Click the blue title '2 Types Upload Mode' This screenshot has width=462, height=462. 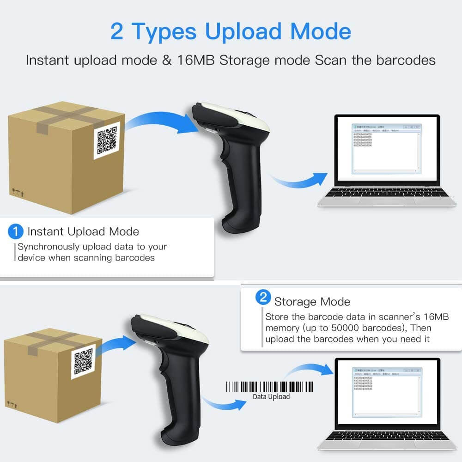pyautogui.click(x=231, y=31)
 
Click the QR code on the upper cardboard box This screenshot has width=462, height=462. pyautogui.click(x=107, y=140)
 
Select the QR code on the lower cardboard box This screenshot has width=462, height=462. pyautogui.click(x=83, y=362)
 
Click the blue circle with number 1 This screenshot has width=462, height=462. pyautogui.click(x=16, y=231)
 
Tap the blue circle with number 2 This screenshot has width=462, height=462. pyautogui.click(x=263, y=298)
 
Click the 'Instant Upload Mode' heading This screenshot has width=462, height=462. pyautogui.click(x=83, y=231)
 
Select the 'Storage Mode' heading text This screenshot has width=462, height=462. pyautogui.click(x=312, y=302)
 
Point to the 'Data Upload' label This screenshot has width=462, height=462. pyautogui.click(x=271, y=396)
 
